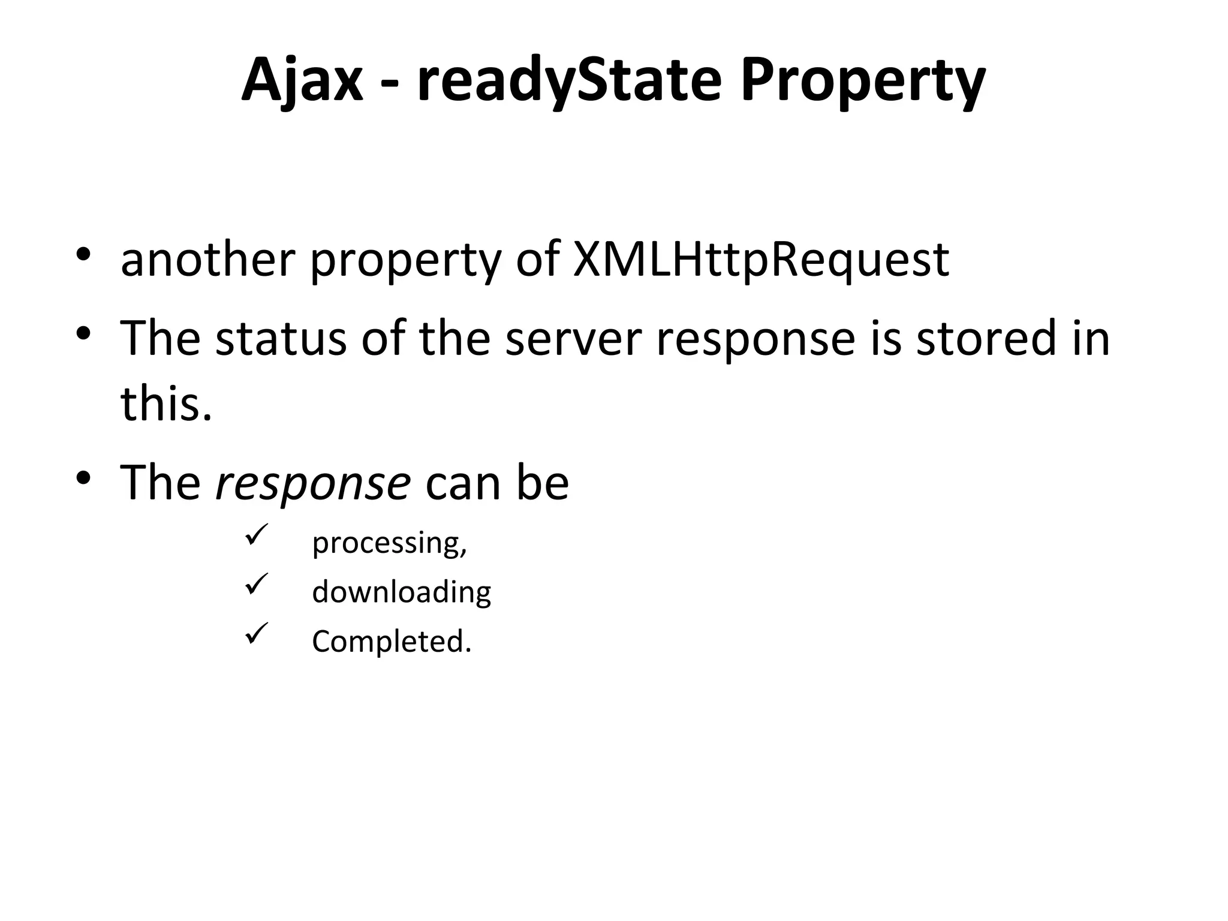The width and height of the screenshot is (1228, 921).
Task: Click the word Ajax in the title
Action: pos(302,80)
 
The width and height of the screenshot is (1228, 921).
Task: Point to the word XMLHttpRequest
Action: pos(761,260)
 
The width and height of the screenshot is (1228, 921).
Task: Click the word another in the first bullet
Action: pos(207,260)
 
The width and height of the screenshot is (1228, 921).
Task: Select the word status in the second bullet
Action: pos(281,338)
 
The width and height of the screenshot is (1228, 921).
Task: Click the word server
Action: pos(573,338)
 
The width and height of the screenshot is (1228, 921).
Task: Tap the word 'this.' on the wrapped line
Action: pos(166,403)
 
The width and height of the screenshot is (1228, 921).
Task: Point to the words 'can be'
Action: pos(497,483)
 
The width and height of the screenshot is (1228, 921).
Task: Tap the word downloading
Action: pos(401,592)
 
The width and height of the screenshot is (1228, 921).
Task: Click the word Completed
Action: pos(391,641)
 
